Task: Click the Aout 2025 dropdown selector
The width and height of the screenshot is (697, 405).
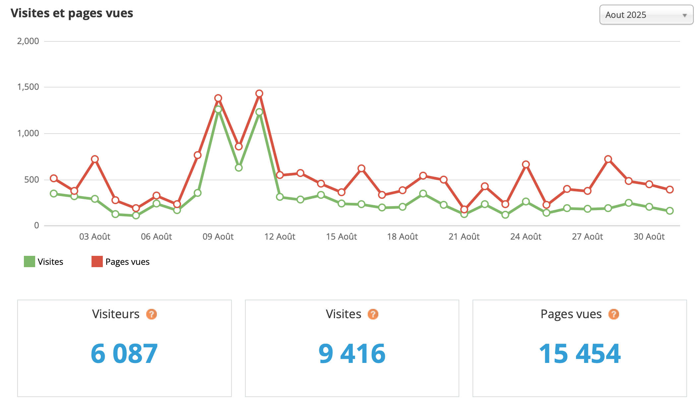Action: [646, 15]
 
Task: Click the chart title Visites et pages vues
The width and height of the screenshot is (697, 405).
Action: [72, 13]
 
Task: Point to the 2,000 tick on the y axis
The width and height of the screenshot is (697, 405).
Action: [28, 41]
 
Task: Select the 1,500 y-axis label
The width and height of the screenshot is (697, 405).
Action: [28, 87]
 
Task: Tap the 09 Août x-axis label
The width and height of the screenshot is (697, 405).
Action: [218, 237]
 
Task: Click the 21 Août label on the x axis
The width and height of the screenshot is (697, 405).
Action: [464, 237]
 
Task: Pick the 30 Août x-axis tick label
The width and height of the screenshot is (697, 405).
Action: [649, 237]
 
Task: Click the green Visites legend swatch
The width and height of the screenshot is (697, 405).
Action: [30, 261]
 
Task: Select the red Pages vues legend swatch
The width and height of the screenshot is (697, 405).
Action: [97, 261]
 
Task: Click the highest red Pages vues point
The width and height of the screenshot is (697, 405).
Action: [259, 93]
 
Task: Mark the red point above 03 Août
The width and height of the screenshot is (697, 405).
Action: [95, 159]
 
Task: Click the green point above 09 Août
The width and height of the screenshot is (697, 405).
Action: [218, 109]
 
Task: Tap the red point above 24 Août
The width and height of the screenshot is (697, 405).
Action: [526, 164]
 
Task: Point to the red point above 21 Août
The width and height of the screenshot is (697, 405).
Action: [464, 209]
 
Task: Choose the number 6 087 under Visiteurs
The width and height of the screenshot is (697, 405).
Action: [124, 354]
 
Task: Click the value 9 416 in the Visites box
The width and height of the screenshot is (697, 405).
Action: [352, 354]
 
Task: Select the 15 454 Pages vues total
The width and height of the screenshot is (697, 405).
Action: [580, 354]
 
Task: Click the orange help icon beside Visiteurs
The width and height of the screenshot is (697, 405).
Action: [152, 314]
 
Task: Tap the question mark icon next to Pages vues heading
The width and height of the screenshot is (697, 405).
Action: [613, 314]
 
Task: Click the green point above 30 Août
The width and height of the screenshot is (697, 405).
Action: [649, 207]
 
